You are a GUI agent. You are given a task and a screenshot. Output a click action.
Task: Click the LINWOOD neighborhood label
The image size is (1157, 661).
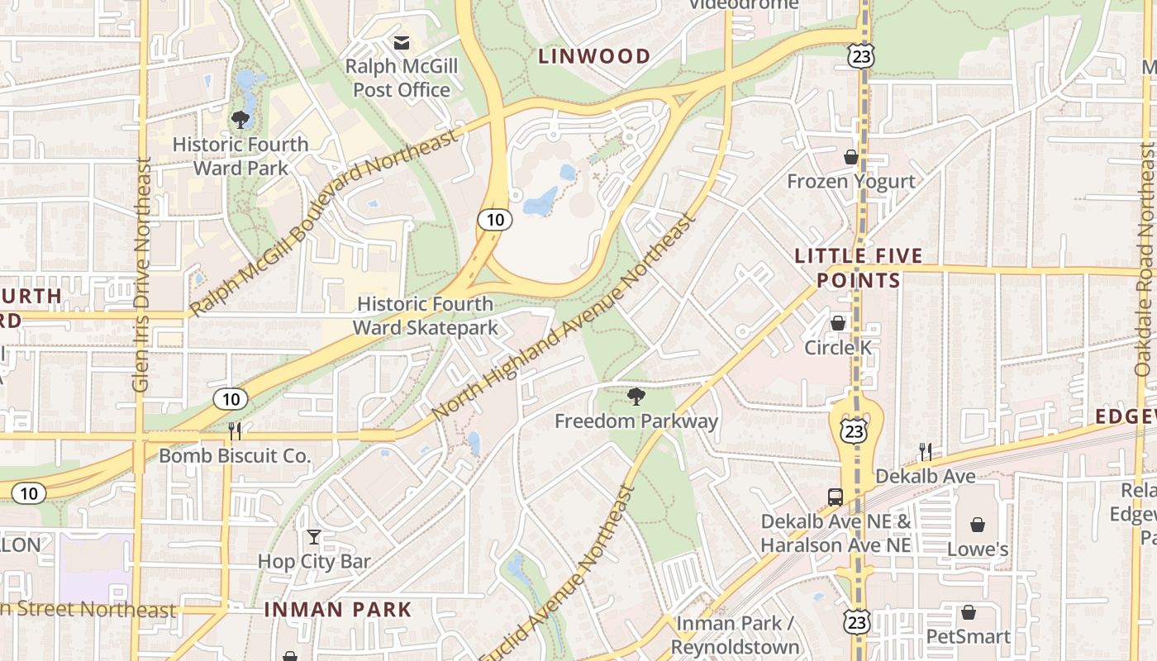pos(594,56)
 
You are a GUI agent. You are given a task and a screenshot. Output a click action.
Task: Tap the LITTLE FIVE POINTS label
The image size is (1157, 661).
pos(859,269)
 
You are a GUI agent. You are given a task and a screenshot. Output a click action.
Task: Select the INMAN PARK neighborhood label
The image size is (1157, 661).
pos(337,610)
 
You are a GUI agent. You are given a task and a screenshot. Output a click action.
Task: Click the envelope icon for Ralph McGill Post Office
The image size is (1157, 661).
pos(402,43)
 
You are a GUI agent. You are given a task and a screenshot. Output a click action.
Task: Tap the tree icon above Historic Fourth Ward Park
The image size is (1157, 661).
pos(240,120)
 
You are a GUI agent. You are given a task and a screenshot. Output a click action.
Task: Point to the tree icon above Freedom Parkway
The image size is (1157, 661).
pos(636,397)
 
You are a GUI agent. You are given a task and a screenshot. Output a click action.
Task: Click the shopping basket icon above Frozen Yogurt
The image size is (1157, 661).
pos(850,157)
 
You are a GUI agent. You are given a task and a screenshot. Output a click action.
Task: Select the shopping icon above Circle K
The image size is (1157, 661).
pos(838,323)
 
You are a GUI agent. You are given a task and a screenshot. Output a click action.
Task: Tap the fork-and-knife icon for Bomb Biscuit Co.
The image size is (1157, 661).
pos(235,431)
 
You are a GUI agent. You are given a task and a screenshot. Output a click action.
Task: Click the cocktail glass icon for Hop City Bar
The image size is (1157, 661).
pos(313,537)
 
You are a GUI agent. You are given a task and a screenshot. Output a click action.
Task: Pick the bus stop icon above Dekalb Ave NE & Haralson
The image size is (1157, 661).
pos(836,497)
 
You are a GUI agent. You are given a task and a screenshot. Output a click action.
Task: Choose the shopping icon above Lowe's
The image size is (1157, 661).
pos(978,525)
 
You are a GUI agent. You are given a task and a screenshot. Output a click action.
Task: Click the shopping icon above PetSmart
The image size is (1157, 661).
pos(968,612)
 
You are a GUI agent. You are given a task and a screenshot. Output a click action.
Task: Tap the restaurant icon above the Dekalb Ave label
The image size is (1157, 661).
pos(925,452)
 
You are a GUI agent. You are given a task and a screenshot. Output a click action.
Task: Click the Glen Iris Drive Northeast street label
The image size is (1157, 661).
pos(141,275)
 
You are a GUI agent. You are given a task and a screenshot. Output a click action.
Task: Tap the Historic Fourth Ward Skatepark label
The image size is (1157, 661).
pos(425,316)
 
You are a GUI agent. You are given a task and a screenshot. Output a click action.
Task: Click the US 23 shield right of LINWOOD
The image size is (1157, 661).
pos(860,56)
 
